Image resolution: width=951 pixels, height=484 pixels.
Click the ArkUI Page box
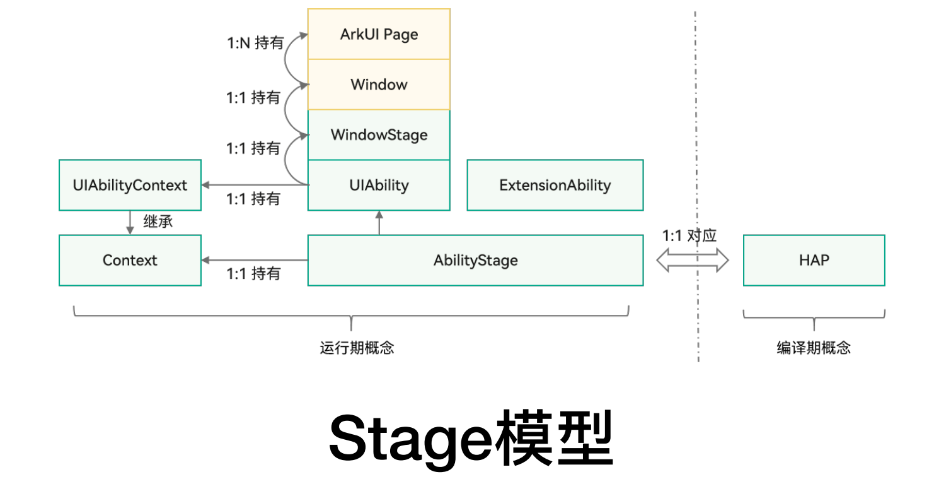click(379, 34)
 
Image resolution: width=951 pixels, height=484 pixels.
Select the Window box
click(379, 85)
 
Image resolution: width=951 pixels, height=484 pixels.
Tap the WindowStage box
click(379, 135)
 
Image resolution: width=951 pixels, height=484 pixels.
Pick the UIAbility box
click(379, 186)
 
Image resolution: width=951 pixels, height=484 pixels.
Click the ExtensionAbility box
click(555, 186)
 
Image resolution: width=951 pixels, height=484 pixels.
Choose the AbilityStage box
click(475, 261)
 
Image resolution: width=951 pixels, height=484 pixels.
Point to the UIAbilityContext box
click(130, 186)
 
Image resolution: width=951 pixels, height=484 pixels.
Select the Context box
click(130, 261)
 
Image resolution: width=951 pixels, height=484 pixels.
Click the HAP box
click(814, 261)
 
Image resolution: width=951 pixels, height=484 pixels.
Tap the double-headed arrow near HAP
click(692, 260)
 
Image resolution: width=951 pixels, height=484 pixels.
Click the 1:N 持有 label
click(255, 44)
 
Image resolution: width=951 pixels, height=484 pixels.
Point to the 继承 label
click(158, 222)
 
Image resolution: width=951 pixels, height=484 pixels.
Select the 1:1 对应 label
click(689, 236)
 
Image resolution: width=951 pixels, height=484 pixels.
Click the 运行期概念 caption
click(357, 348)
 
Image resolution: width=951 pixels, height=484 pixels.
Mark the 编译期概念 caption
click(814, 348)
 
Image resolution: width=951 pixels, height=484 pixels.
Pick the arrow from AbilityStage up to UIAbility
click(379, 223)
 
